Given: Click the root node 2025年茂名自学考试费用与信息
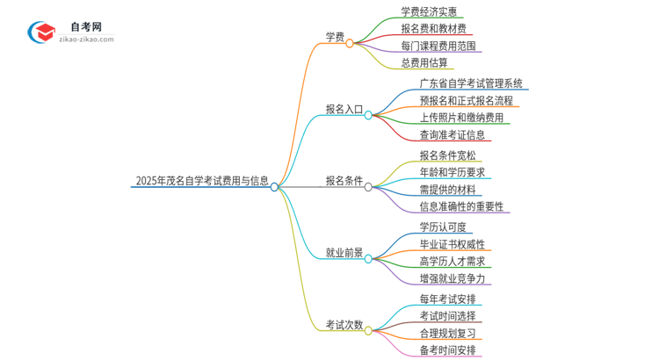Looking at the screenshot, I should pyautogui.click(x=202, y=182).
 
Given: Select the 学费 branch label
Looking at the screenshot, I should pyautogui.click(x=335, y=37).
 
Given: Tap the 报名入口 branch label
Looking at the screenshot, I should pyautogui.click(x=344, y=110).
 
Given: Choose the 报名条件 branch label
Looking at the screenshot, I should pyautogui.click(x=344, y=181).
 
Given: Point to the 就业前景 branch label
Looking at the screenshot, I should pyautogui.click(x=344, y=253).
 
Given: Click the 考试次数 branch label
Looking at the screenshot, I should pyautogui.click(x=344, y=324).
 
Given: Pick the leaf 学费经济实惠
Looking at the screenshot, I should pyautogui.click(x=434, y=11).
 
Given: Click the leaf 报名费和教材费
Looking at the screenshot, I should pyautogui.click(x=434, y=29).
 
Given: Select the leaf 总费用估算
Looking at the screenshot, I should pyautogui.click(x=424, y=62).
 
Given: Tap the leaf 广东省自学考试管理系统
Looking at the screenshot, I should pyautogui.click(x=471, y=83).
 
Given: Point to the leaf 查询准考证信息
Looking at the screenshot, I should pyautogui.click(x=452, y=135).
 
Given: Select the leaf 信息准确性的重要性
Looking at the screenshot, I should pyautogui.click(x=461, y=206).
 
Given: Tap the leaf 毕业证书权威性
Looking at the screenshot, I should pyautogui.click(x=452, y=244).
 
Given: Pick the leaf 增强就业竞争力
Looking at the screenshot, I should pyautogui.click(x=452, y=278).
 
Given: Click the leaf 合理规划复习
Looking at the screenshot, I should pyautogui.click(x=447, y=333).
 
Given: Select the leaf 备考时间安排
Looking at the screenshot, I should pyautogui.click(x=447, y=350).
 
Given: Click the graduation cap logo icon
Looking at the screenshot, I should pyautogui.click(x=41, y=32).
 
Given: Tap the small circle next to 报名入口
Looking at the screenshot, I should pyautogui.click(x=369, y=115).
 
